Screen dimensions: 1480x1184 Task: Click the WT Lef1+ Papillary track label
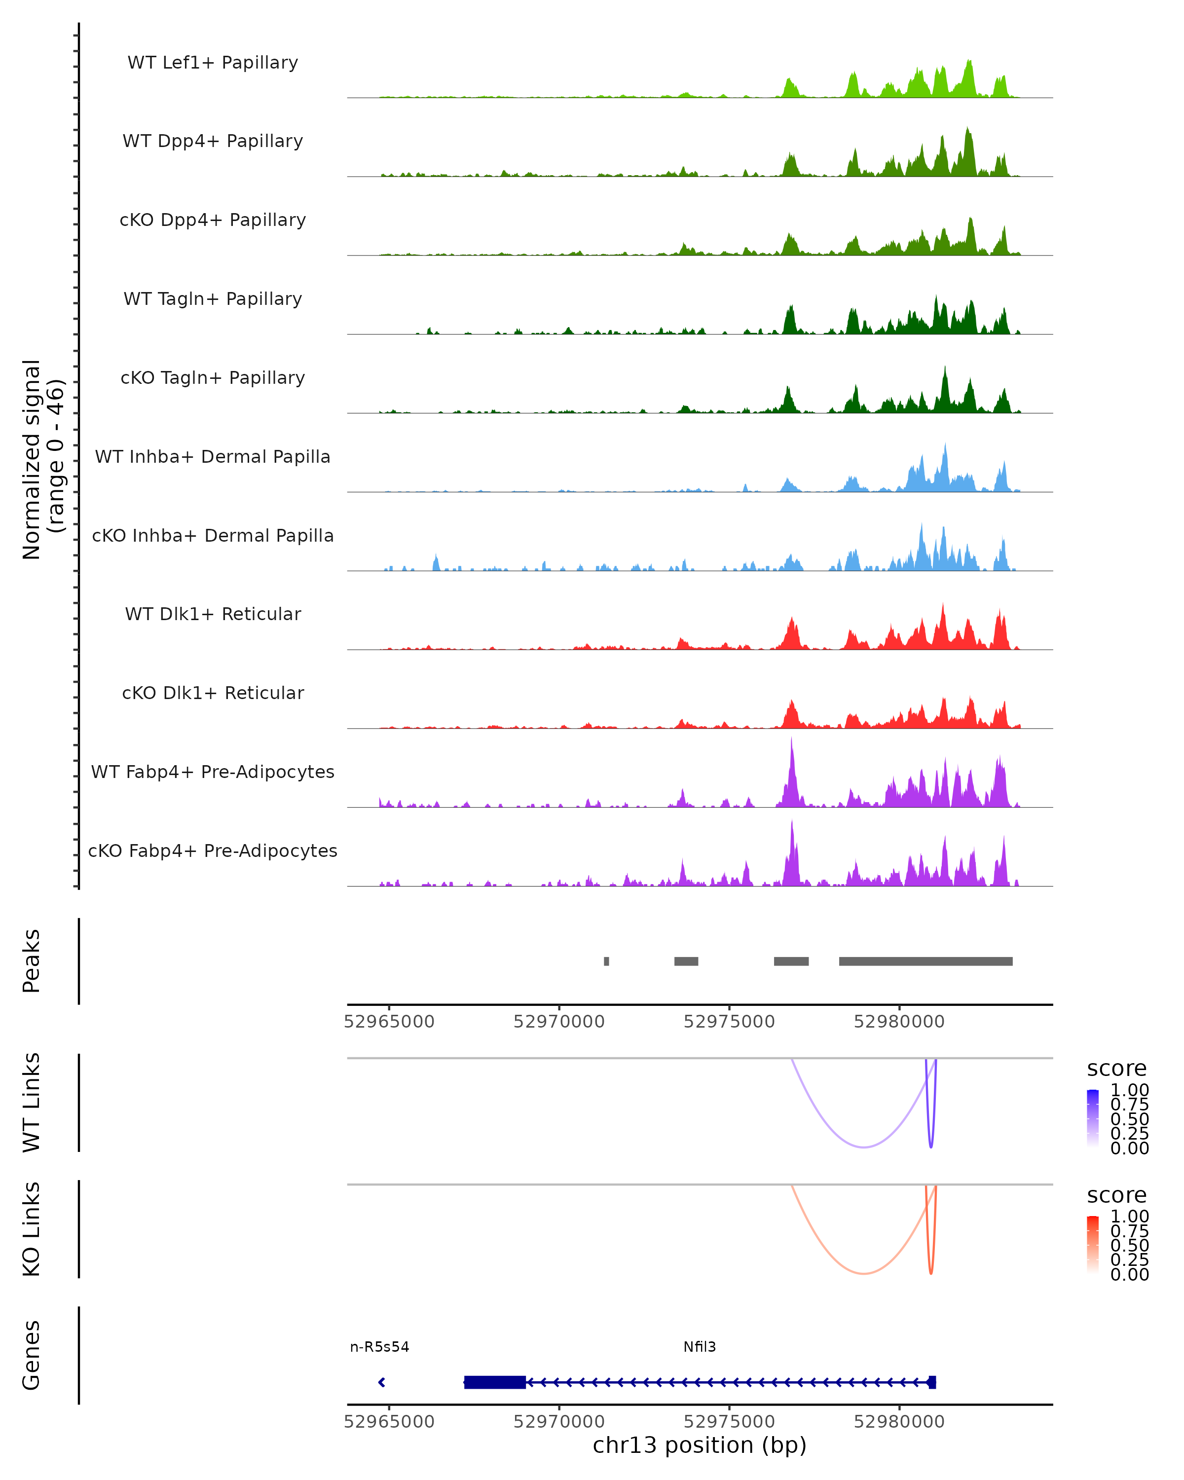point(213,63)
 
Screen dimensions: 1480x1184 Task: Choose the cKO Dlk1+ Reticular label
point(213,693)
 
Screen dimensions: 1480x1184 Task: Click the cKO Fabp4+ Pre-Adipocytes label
point(213,851)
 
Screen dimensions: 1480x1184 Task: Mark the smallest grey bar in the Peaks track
point(606,961)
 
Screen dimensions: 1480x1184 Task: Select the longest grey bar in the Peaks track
point(925,961)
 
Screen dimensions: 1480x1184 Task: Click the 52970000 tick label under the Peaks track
point(559,1022)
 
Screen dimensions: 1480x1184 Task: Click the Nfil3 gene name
point(700,1347)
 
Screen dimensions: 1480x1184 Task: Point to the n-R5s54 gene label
point(379,1347)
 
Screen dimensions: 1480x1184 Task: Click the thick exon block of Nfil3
point(494,1382)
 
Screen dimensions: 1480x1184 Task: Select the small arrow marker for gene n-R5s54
point(382,1382)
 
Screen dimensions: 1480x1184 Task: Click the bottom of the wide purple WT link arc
point(864,1147)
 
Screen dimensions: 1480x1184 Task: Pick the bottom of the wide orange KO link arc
point(864,1273)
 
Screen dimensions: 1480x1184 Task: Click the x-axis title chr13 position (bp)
point(700,1445)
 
